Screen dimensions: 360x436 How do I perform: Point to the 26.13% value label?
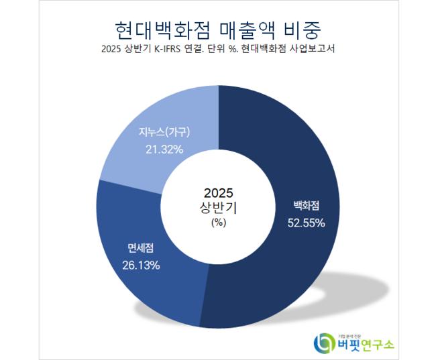pos(140,265)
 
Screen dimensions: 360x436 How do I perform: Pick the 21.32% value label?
pos(164,149)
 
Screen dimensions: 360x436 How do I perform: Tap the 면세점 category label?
pos(141,249)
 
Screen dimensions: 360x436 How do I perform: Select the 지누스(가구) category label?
pos(164,133)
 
